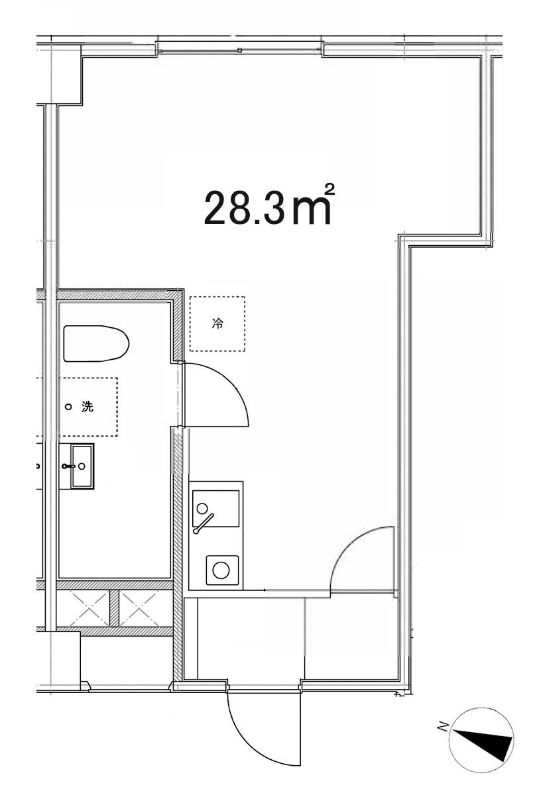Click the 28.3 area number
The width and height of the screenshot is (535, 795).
pyautogui.click(x=245, y=208)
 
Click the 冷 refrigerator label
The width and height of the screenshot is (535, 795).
pyautogui.click(x=217, y=323)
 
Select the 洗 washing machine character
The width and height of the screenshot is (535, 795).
pyautogui.click(x=88, y=407)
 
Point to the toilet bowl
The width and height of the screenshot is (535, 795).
pyautogui.click(x=96, y=344)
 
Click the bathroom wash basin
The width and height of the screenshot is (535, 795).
pyautogui.click(x=82, y=466)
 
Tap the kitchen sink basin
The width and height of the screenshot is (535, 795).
pyautogui.click(x=215, y=509)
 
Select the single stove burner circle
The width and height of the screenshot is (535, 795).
pyautogui.click(x=221, y=570)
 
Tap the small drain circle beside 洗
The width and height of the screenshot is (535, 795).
pyautogui.click(x=68, y=407)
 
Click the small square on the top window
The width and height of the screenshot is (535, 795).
pyautogui.click(x=239, y=50)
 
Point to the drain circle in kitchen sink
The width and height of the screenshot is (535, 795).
pyautogui.click(x=202, y=508)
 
